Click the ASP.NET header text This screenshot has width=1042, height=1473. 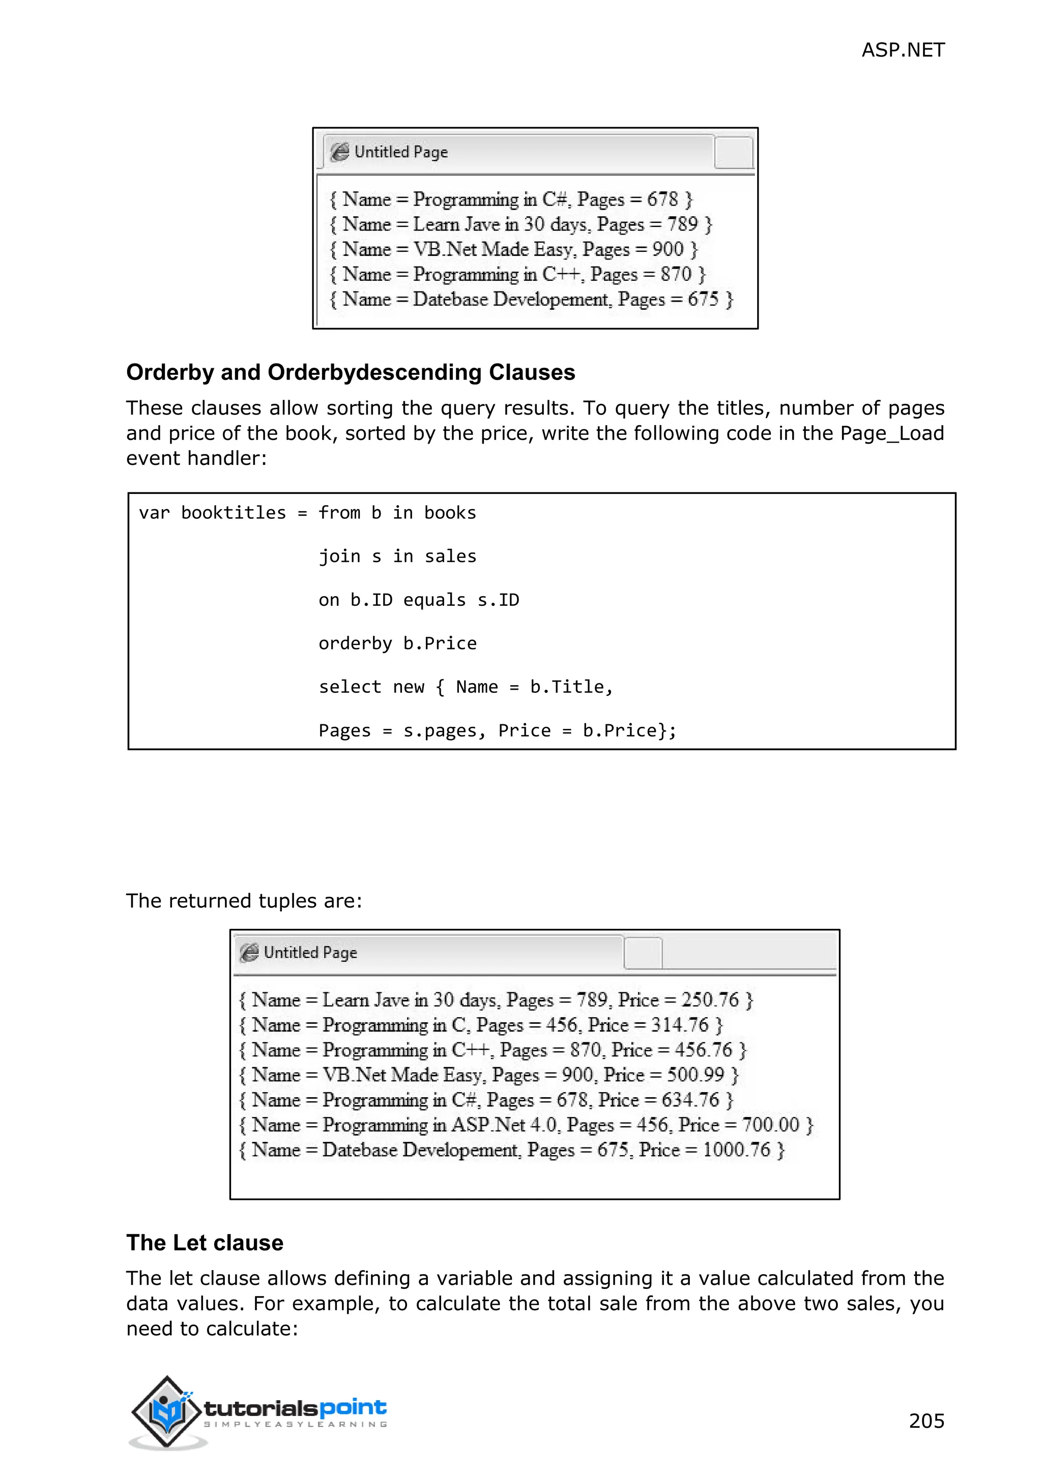click(902, 50)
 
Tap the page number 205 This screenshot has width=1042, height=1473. click(926, 1421)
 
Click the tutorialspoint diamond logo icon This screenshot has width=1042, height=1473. click(166, 1411)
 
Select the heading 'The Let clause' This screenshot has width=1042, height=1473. click(205, 1243)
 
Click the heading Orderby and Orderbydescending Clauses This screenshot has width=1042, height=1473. click(351, 372)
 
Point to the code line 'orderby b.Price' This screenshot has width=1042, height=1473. click(397, 643)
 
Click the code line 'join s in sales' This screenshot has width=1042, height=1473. click(397, 556)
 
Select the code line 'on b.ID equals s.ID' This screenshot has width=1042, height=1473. click(418, 600)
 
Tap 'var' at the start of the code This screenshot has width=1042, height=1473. click(154, 513)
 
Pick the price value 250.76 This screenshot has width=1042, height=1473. click(710, 999)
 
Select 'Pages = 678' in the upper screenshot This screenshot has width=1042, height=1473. click(627, 199)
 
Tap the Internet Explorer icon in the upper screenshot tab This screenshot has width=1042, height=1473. click(339, 152)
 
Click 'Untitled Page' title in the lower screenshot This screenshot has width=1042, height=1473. click(310, 953)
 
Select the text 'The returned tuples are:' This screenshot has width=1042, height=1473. click(244, 901)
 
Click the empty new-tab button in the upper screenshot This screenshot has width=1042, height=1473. click(733, 153)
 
